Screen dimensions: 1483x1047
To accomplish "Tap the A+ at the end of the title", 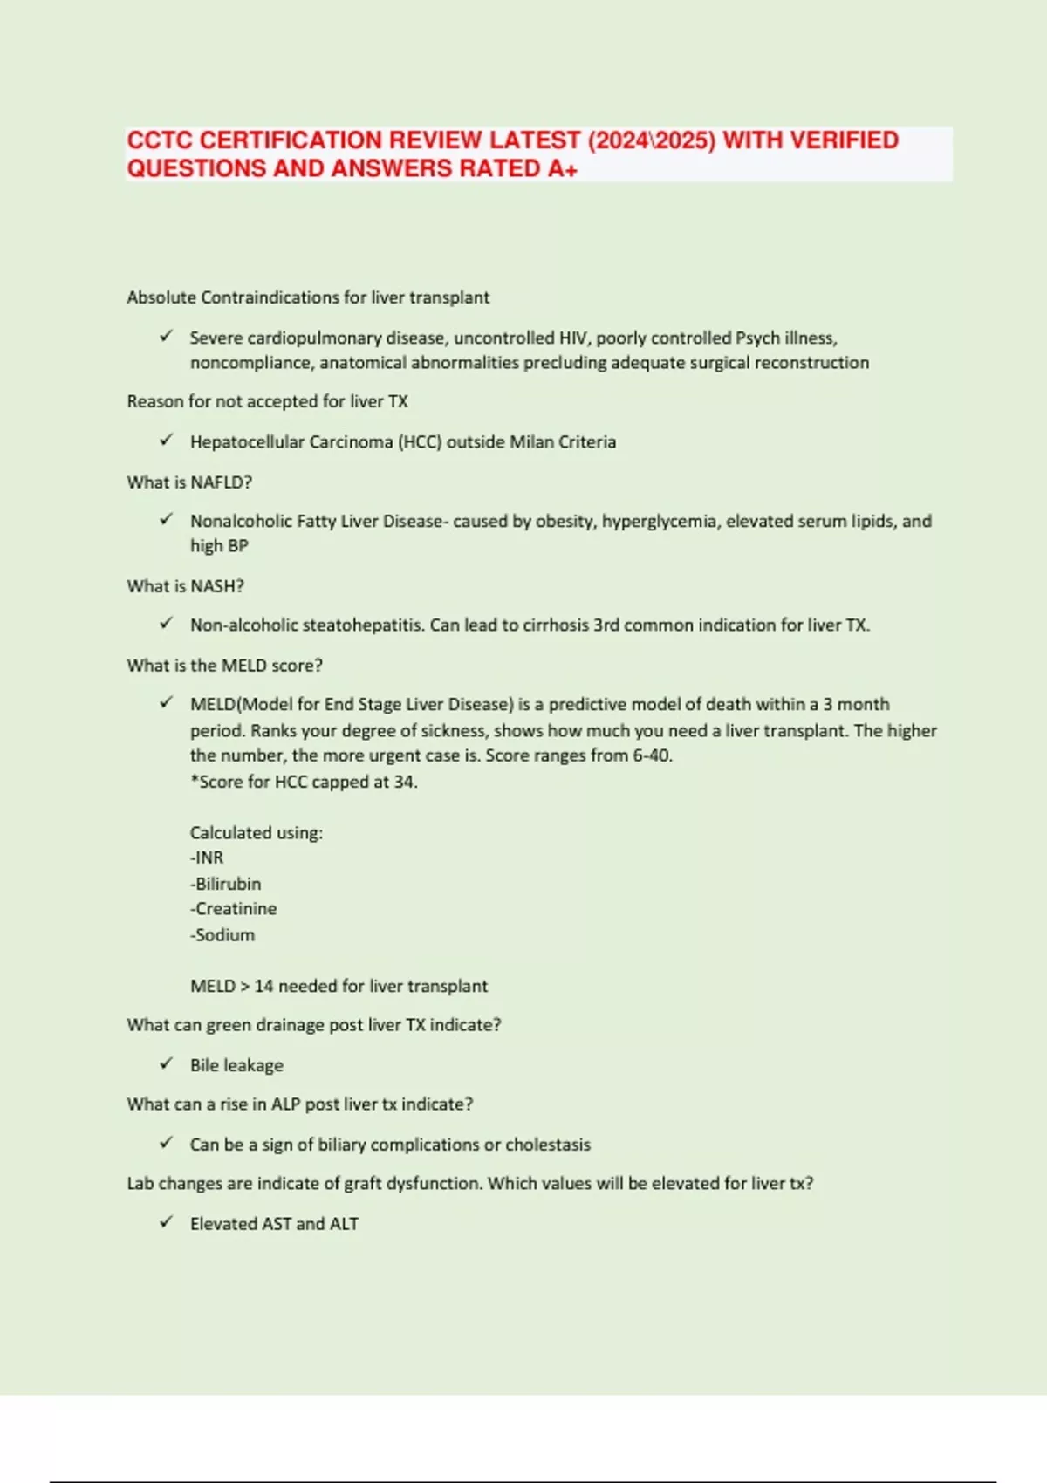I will pyautogui.click(x=563, y=168).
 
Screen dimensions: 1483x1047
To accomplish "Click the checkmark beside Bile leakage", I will pyautogui.click(x=167, y=1063).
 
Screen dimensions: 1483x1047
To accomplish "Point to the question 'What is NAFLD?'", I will pyautogui.click(x=189, y=482).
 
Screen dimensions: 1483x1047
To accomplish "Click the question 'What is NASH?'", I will pyautogui.click(x=185, y=586).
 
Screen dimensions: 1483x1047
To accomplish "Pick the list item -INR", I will pyautogui.click(x=207, y=858).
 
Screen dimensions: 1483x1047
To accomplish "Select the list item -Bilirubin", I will pyautogui.click(x=225, y=884).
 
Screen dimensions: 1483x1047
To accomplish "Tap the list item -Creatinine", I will pyautogui.click(x=233, y=909).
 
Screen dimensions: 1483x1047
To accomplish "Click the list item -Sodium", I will pyautogui.click(x=222, y=935).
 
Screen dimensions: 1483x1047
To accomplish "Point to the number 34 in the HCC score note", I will pyautogui.click(x=403, y=782).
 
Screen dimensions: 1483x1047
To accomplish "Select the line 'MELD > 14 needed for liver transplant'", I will pyautogui.click(x=339, y=986).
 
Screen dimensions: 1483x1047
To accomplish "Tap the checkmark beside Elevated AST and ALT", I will pyautogui.click(x=167, y=1222).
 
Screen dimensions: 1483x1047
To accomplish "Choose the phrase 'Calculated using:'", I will pyautogui.click(x=257, y=833).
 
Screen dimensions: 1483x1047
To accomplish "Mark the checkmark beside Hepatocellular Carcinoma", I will pyautogui.click(x=167, y=441).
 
